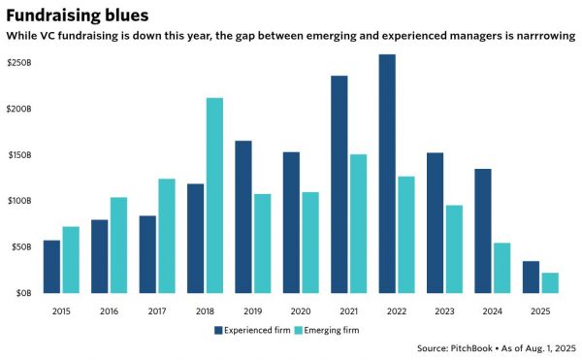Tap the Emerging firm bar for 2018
click(x=214, y=195)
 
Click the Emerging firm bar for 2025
click(x=549, y=282)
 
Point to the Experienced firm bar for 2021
click(x=339, y=183)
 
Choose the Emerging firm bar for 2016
click(x=118, y=245)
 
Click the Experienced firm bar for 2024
click(x=482, y=230)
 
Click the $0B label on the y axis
click(x=21, y=292)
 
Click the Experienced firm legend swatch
click(x=218, y=330)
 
